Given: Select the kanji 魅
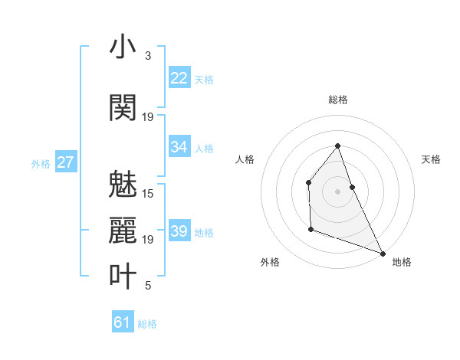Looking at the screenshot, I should point(123,183).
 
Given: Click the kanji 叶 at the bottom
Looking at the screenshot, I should point(123,276).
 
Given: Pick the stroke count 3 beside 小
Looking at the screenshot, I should point(147,56).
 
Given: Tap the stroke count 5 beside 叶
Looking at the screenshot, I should point(147,286).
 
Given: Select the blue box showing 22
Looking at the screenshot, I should point(179,78).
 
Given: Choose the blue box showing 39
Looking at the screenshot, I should point(179,231).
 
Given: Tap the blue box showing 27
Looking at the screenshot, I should point(66,162).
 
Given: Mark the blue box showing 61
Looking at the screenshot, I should point(122,322).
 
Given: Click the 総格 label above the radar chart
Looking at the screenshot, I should point(338,100).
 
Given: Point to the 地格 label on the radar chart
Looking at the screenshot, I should point(402,262).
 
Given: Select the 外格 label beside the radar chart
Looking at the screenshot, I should point(270,262).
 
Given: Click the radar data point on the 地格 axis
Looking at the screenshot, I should point(383,253).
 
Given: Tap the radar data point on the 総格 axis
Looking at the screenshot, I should point(337,146).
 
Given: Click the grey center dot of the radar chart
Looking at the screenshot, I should point(337,191).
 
